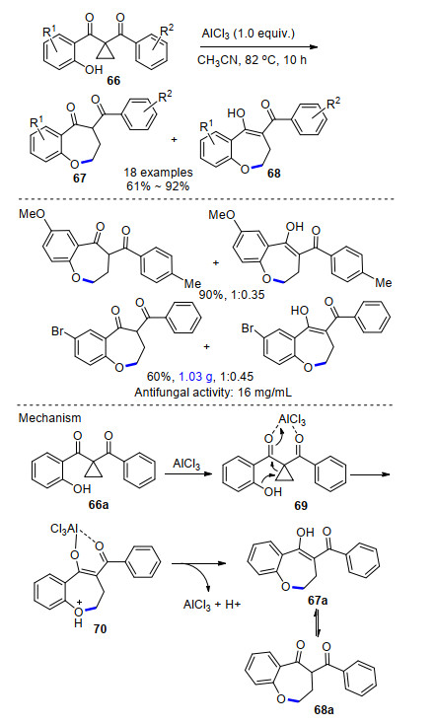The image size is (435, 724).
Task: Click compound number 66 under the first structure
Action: [113, 81]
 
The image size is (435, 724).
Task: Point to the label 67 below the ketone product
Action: [80, 179]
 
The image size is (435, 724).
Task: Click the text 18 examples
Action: [158, 173]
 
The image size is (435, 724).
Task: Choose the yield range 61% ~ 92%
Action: [158, 185]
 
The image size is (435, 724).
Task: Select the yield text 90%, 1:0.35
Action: [232, 294]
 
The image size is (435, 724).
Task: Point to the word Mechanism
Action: [49, 418]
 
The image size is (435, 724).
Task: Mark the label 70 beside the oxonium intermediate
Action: [100, 628]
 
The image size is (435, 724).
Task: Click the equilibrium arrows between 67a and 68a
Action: [319, 622]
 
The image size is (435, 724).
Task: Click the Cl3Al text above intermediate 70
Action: [64, 529]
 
